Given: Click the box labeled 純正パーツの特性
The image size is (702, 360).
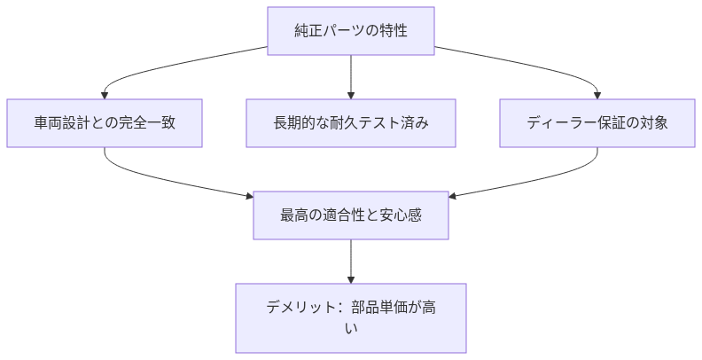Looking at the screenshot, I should [351, 31].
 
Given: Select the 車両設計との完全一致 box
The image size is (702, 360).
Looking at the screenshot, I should [105, 122].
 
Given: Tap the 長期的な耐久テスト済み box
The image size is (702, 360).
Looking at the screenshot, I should [351, 122].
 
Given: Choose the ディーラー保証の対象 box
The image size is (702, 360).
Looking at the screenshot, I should [597, 122].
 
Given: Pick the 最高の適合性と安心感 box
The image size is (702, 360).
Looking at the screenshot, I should [351, 215].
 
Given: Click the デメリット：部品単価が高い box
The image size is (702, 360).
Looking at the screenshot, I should [351, 317].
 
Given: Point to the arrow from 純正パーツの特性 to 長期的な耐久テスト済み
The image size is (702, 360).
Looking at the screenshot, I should [351, 75].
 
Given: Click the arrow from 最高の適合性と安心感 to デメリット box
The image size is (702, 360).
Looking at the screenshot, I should [351, 261].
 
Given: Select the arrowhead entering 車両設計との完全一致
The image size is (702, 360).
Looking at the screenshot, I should [105, 94].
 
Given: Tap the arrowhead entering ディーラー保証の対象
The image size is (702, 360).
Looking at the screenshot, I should [597, 94].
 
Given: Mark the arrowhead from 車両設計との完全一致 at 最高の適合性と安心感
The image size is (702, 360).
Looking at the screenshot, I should [249, 195].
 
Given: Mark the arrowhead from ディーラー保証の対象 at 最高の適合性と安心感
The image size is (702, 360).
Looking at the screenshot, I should [453, 195].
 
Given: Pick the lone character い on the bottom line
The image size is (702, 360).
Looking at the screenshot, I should [351, 329].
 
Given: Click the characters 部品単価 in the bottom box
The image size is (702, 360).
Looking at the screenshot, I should [378, 308].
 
